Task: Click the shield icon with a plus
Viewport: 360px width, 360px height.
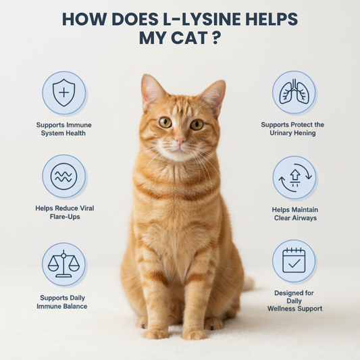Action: point(63,93)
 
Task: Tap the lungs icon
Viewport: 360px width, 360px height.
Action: point(294,92)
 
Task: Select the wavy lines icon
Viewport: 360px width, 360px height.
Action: point(63,176)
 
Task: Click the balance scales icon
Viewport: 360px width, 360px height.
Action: point(63,264)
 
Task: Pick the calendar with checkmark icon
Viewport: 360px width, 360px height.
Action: point(294,261)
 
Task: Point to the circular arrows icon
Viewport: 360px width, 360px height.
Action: point(295,178)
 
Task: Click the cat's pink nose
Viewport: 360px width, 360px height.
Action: point(180,140)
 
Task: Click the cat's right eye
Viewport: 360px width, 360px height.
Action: point(165,122)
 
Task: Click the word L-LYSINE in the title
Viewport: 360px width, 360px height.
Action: point(199,19)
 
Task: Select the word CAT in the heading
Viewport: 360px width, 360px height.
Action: point(189,38)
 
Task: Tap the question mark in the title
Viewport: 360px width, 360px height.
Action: point(215,38)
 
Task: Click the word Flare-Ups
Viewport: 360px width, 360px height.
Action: point(65,217)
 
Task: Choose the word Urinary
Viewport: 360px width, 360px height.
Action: point(280,132)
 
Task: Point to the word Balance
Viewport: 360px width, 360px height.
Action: point(76,306)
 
